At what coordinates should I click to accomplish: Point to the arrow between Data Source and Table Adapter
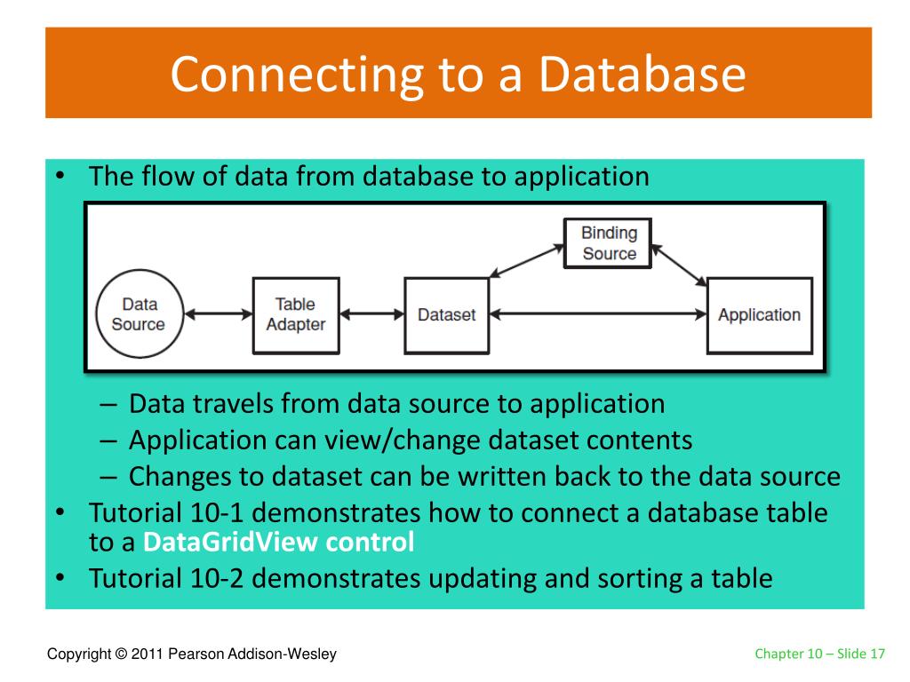pyautogui.click(x=219, y=314)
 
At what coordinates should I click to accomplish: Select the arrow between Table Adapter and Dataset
pyautogui.click(x=372, y=314)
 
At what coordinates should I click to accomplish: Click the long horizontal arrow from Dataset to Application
pyautogui.click(x=598, y=314)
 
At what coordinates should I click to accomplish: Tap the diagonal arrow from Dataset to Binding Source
pyautogui.click(x=526, y=260)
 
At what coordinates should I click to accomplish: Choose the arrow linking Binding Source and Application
pyautogui.click(x=679, y=265)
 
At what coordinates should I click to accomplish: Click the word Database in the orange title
pyautogui.click(x=642, y=75)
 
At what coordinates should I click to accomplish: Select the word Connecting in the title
pyautogui.click(x=297, y=76)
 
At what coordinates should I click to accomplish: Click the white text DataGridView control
pyautogui.click(x=278, y=543)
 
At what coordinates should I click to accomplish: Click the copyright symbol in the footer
pyautogui.click(x=121, y=654)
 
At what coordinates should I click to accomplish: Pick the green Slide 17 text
pyautogui.click(x=860, y=654)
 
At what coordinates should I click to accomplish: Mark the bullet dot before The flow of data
pyautogui.click(x=60, y=175)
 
